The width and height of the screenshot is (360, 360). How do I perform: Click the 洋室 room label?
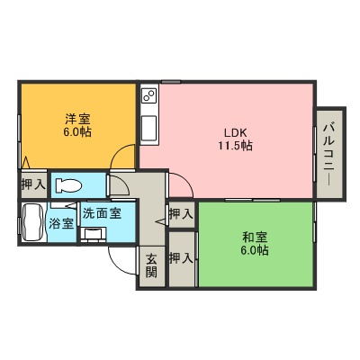[76, 117]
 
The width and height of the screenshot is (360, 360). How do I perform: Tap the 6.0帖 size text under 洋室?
[76, 130]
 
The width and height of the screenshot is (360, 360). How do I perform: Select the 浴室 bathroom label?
[60, 222]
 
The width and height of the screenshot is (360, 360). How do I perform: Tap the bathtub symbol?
[31, 221]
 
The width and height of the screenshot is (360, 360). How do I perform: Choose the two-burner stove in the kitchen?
[149, 94]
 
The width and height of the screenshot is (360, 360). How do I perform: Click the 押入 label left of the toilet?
[33, 184]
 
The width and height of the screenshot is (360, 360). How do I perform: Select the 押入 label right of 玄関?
[181, 258]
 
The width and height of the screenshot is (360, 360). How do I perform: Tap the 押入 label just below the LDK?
[181, 213]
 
